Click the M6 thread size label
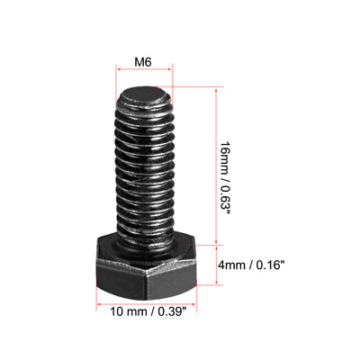141,62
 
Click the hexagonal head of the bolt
144,265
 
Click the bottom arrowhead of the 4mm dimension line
217,283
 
